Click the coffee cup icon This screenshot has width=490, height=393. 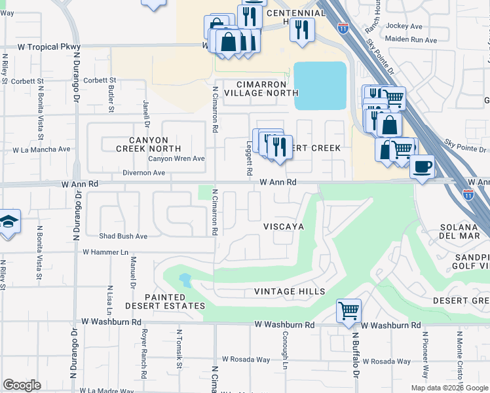pos(423,166)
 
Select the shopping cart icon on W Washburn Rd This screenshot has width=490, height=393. pos(349,310)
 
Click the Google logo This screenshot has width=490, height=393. pos(22,385)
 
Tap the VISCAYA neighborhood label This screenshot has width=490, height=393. pos(284,226)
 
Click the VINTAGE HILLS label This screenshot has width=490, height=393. pos(290,291)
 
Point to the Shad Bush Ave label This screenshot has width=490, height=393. pos(123,236)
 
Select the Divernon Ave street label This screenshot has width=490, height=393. pos(143,173)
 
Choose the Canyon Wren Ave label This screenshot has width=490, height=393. pos(176,159)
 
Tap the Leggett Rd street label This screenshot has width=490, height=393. pos(250,159)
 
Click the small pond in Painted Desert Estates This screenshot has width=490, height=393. pos(185,281)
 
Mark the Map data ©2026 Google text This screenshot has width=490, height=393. pos(449,388)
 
